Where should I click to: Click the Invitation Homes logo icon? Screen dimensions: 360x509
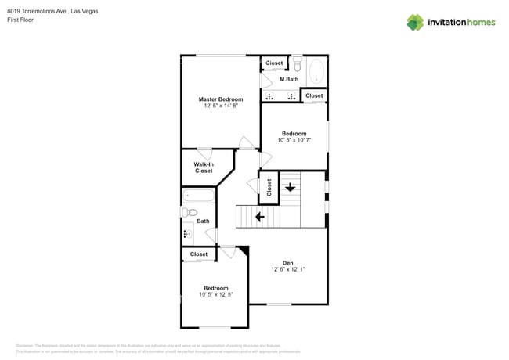(415, 22)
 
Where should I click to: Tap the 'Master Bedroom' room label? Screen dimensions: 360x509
(220, 99)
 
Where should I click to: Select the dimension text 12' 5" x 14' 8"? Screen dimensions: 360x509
(220, 106)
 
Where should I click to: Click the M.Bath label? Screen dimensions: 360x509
(289, 79)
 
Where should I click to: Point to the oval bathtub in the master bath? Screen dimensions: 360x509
(316, 72)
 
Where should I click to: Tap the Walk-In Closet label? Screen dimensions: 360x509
(204, 167)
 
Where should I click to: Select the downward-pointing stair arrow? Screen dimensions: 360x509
(291, 187)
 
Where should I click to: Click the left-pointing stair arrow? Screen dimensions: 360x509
(258, 216)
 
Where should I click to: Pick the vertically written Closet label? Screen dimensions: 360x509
(269, 187)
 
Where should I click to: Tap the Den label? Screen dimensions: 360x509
(287, 262)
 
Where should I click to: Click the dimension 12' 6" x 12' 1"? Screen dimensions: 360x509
(287, 269)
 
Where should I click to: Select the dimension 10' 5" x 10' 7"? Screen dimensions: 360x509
(294, 140)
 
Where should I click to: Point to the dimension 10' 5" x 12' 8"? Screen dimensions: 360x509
(215, 294)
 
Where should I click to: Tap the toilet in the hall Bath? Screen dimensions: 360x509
(189, 212)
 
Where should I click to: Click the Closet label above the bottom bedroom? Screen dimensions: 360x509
(199, 254)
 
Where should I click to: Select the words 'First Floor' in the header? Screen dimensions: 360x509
(17, 20)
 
